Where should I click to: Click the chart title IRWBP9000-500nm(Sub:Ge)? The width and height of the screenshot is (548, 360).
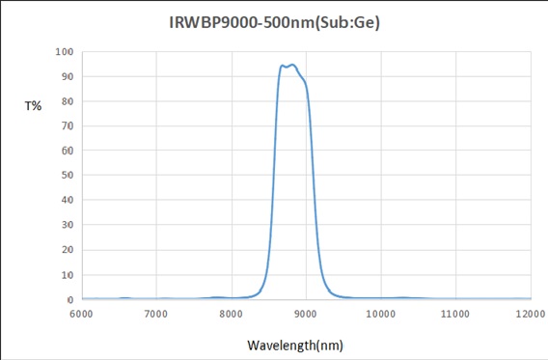(x=273, y=21)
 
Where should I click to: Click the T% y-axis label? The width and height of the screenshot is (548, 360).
(x=33, y=106)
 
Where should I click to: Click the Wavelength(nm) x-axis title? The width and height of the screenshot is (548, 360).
(x=294, y=345)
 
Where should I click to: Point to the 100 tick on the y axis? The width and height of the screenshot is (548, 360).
(x=65, y=51)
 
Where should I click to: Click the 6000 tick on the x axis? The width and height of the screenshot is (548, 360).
(x=82, y=315)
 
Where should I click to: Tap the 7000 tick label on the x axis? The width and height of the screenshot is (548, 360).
(x=156, y=315)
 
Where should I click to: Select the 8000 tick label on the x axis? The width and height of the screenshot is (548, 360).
(x=231, y=315)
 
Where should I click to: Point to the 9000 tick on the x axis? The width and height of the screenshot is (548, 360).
(x=306, y=315)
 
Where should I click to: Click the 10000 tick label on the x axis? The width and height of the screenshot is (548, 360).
(x=380, y=315)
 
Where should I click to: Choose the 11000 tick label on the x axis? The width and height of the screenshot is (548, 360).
(x=454, y=315)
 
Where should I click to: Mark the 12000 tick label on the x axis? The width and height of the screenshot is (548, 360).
(x=529, y=315)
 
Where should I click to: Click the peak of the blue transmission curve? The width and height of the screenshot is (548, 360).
(x=291, y=65)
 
